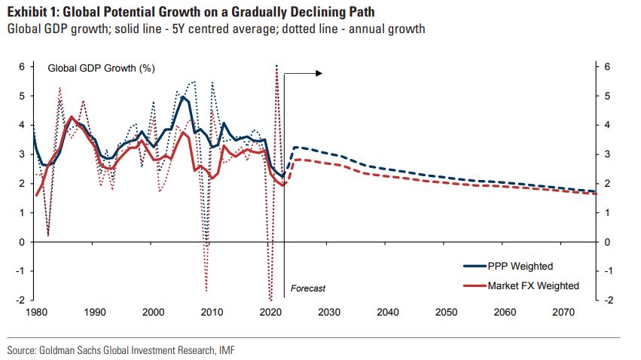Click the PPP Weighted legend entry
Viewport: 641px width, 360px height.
[520, 266]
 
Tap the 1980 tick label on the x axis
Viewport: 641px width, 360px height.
[36, 312]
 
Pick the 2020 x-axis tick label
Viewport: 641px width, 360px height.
[270, 312]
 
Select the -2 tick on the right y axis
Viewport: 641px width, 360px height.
[607, 300]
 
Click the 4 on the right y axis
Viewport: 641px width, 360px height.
[607, 125]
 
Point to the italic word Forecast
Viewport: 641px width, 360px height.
[308, 288]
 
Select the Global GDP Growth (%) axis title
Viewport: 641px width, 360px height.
[101, 68]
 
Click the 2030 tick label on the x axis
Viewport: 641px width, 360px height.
[328, 312]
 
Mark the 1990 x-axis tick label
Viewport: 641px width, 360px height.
[94, 312]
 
